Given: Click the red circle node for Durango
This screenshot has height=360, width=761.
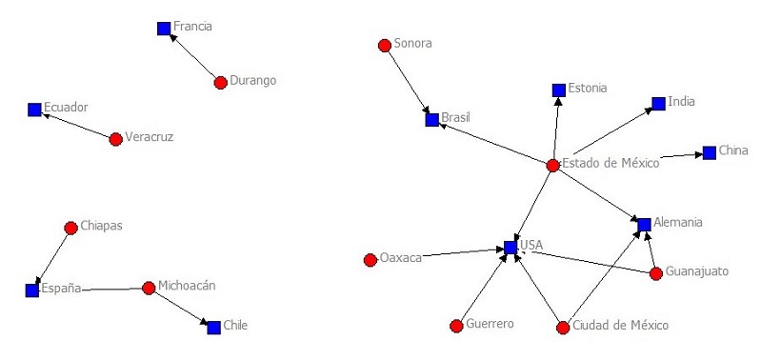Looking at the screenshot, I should (x=221, y=83).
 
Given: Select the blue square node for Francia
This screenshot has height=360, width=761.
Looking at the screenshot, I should (x=164, y=29).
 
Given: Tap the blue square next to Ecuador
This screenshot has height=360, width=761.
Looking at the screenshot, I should (x=35, y=110).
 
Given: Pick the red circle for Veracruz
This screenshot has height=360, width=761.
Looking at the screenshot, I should (x=116, y=139).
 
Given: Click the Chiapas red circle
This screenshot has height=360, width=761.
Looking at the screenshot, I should (x=70, y=228).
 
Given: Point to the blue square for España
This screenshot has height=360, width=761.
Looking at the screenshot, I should (x=32, y=290).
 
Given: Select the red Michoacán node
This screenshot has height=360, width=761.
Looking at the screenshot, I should (x=149, y=288).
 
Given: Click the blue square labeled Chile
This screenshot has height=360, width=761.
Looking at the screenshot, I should (x=213, y=327).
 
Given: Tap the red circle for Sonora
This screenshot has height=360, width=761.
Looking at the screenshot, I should (x=385, y=45).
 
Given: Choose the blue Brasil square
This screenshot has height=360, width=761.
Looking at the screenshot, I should (x=431, y=120).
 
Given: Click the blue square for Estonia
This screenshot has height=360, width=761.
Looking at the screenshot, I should (x=559, y=90).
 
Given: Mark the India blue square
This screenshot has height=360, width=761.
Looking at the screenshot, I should (x=658, y=103).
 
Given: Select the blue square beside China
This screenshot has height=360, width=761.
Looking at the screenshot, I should (x=709, y=152).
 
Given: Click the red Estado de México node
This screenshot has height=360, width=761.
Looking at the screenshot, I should (x=552, y=166).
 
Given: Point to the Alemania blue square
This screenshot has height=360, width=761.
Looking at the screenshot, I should (x=645, y=225).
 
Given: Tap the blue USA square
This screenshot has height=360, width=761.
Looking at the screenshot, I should (x=511, y=248).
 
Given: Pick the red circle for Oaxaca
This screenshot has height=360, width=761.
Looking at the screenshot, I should (x=370, y=260).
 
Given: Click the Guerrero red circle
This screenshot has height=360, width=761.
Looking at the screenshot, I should (x=456, y=326).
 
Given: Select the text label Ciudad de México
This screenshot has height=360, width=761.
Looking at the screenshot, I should (x=620, y=326).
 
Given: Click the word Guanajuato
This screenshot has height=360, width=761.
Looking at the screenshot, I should (x=697, y=271).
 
